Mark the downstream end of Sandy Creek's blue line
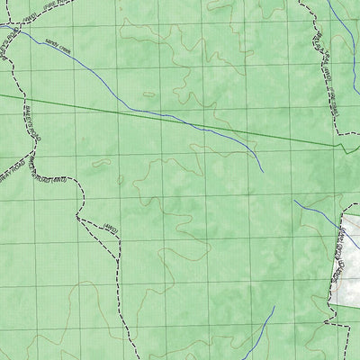(x=262, y=171)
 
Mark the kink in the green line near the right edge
(x=337, y=144)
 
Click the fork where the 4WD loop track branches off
(x=79, y=217)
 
